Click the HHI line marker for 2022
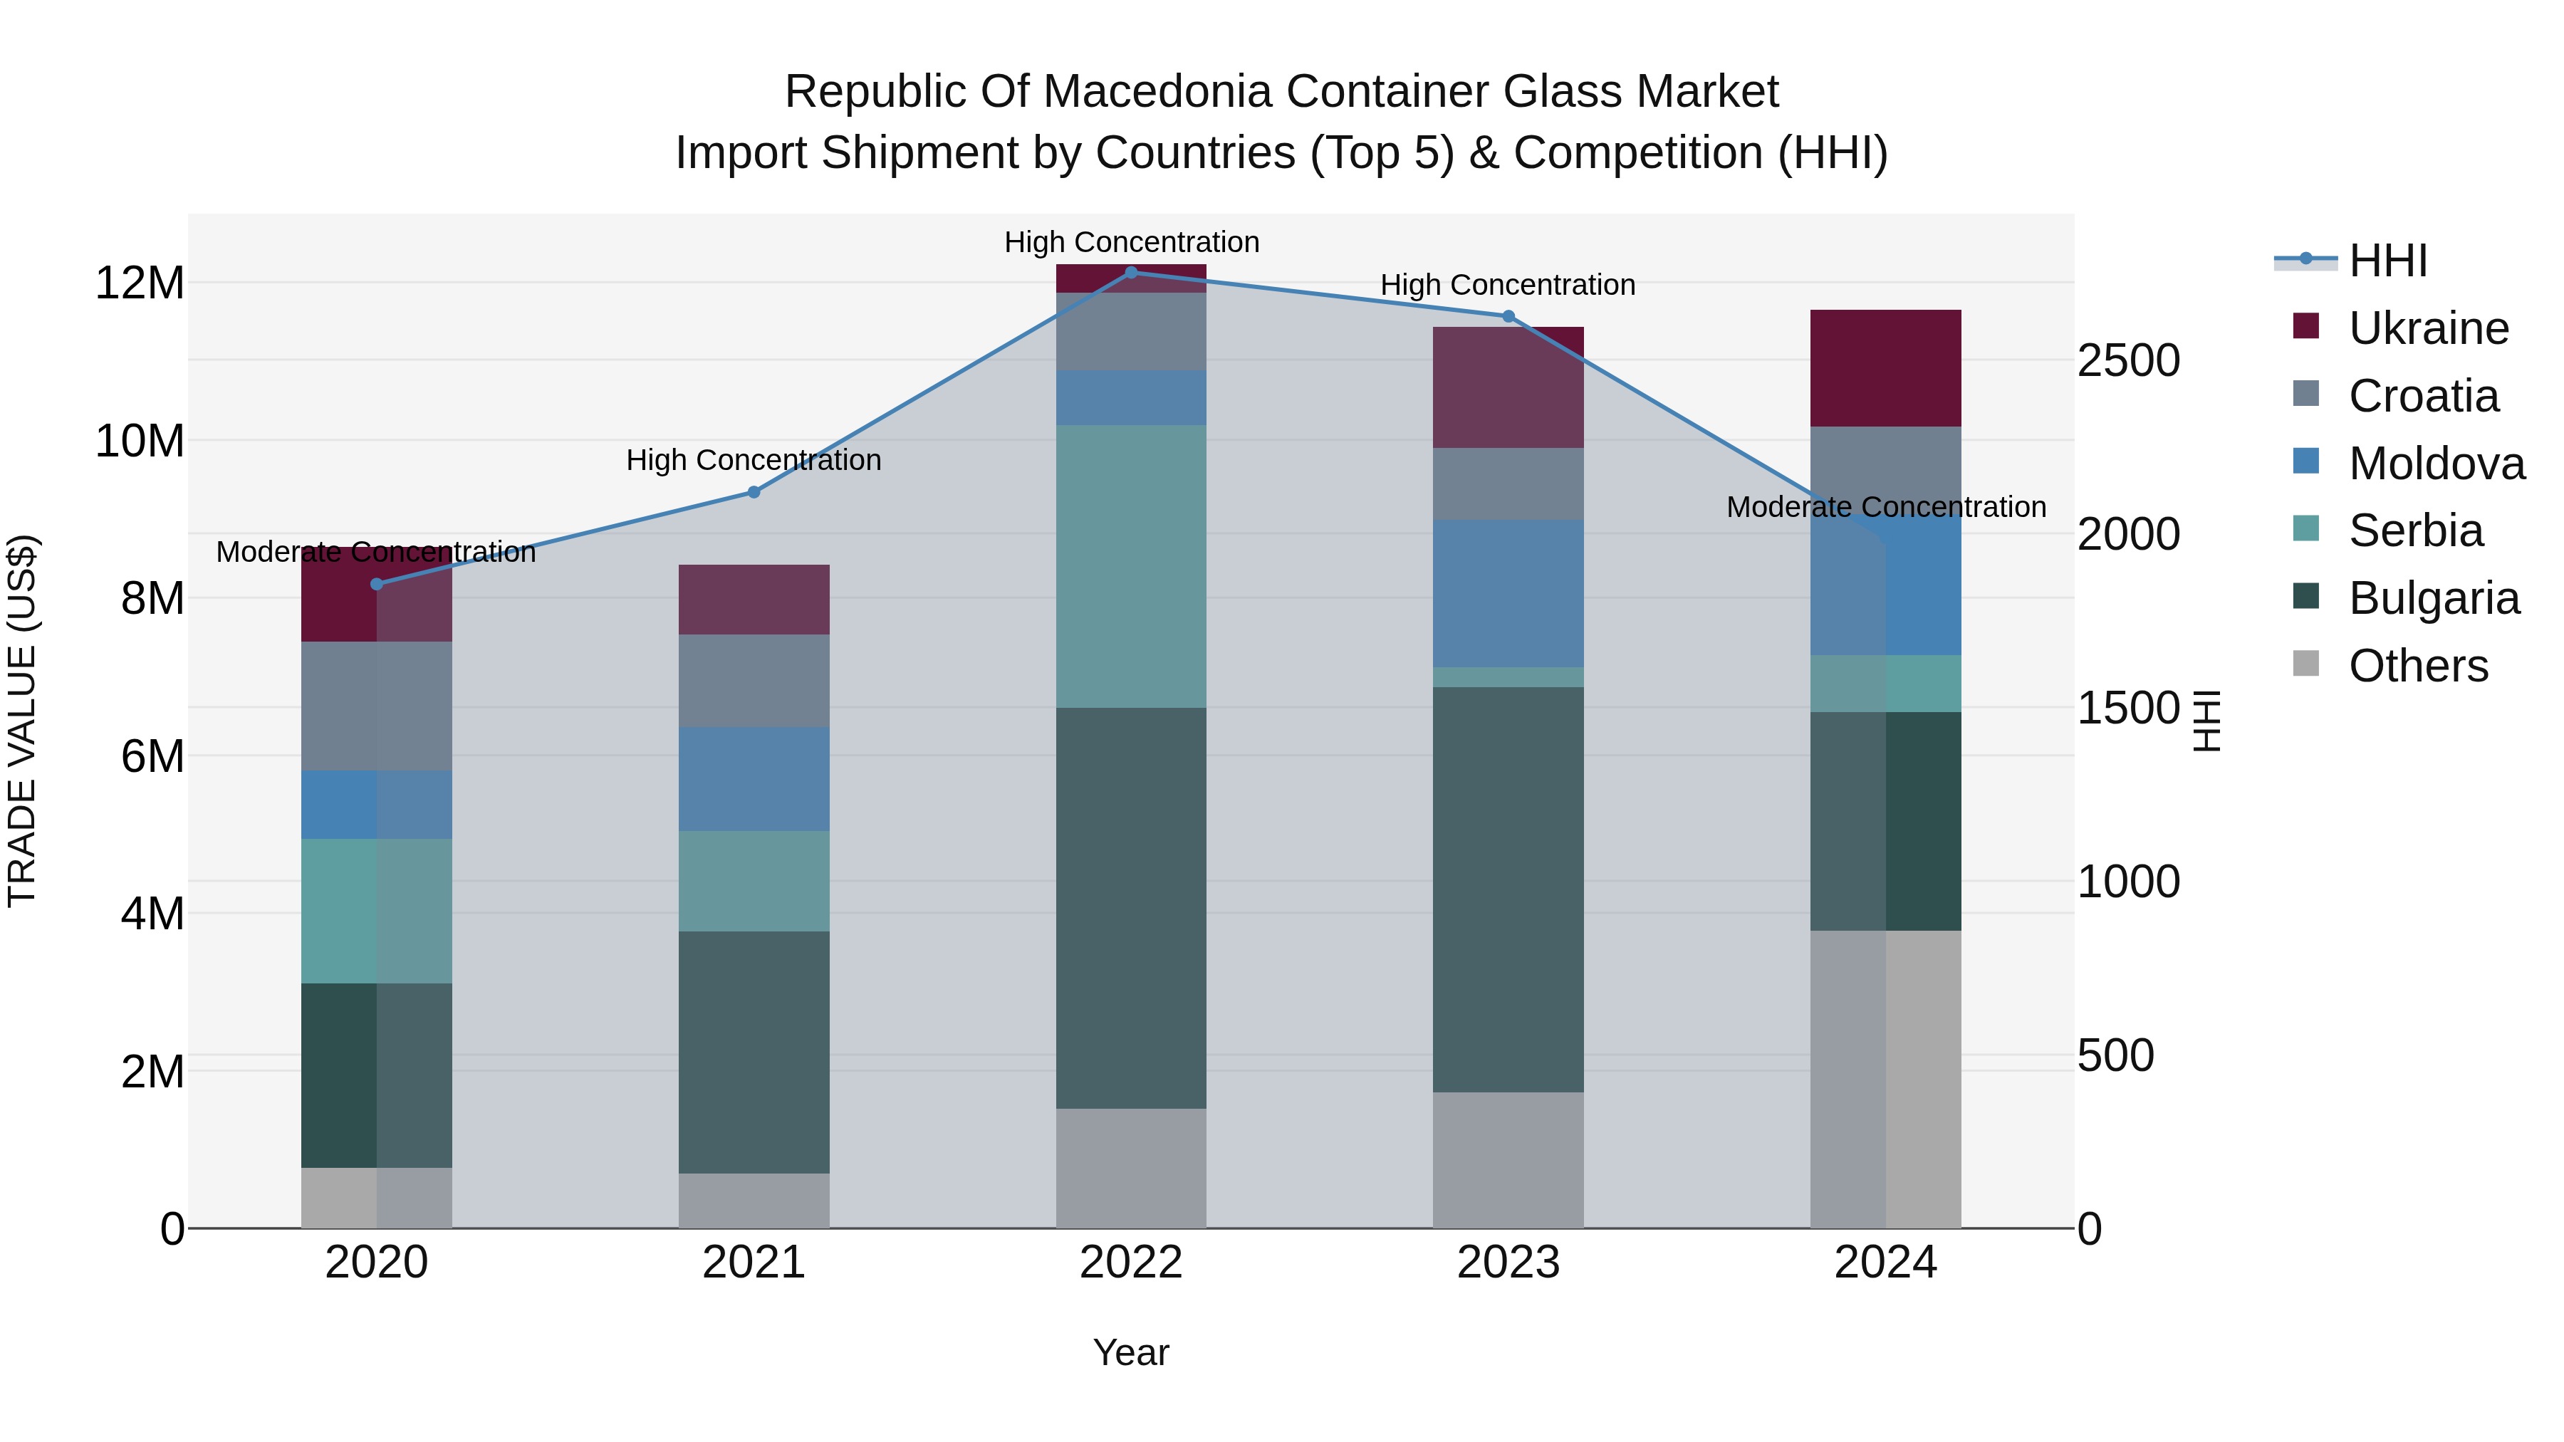point(1131,273)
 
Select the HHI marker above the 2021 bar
point(754,491)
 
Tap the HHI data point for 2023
point(1508,316)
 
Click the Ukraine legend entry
point(2429,328)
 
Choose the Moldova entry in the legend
point(2437,464)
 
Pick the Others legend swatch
point(2306,664)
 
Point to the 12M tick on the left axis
point(140,283)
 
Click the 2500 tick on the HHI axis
point(2128,360)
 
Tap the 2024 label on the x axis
point(1885,1263)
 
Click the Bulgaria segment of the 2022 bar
point(1131,908)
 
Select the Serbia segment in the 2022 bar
point(1131,566)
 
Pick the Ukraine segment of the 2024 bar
point(1885,368)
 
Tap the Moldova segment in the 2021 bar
point(754,778)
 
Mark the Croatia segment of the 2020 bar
point(376,706)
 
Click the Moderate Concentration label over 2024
point(1885,508)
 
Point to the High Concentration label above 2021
point(754,461)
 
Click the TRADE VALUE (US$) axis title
point(22,721)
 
